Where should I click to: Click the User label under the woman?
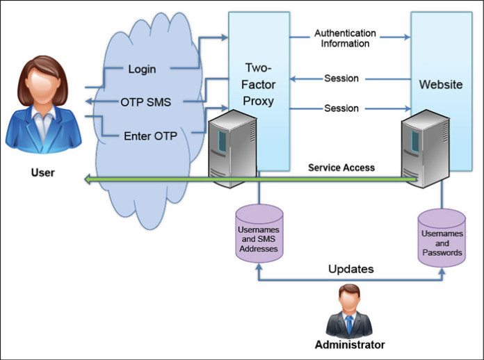[43, 171]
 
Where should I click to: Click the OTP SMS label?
[146, 102]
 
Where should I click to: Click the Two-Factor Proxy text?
[258, 84]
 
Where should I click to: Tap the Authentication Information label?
[345, 38]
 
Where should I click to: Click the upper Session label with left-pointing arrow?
[341, 78]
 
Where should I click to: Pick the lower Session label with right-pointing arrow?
[341, 108]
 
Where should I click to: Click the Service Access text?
[341, 167]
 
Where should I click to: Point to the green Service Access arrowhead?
[88, 179]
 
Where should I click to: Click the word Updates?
[350, 268]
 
